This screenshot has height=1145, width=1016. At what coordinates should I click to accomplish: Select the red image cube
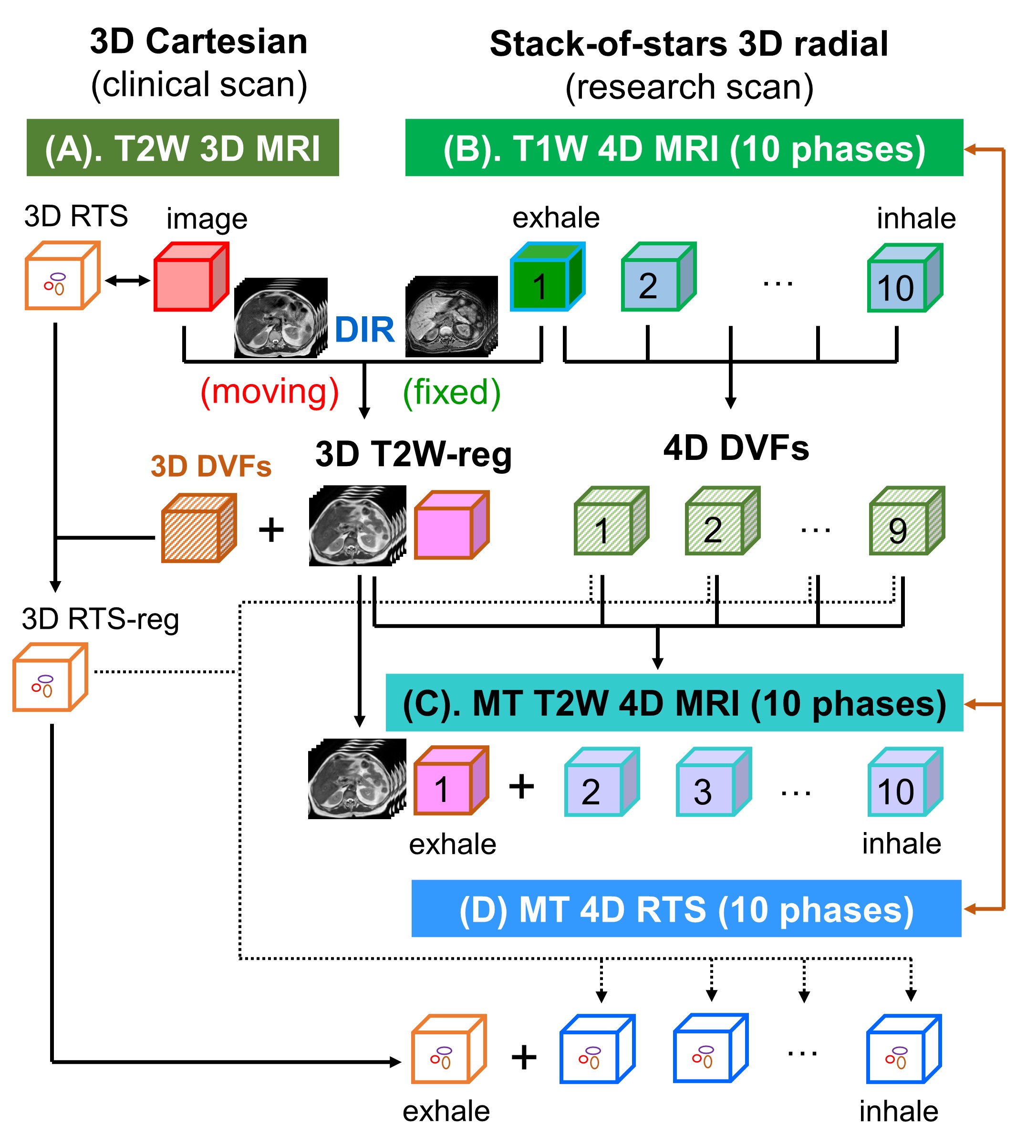click(190, 278)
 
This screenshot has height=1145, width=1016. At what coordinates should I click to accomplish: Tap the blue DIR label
click(364, 330)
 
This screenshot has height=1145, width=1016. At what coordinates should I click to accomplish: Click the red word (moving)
click(270, 392)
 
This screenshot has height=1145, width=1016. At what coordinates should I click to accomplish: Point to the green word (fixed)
click(451, 392)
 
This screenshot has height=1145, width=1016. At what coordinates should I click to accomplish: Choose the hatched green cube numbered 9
click(906, 522)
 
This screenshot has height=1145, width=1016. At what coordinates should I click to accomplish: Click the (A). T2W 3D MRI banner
click(183, 148)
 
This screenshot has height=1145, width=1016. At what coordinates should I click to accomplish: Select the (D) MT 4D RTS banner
click(685, 910)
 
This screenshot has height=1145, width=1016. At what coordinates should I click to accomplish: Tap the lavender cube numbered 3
click(713, 783)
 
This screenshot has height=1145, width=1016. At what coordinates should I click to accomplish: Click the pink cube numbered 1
click(450, 781)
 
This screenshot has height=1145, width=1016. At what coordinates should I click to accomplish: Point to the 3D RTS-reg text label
click(100, 620)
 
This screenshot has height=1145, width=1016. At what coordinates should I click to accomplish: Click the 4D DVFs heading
click(736, 449)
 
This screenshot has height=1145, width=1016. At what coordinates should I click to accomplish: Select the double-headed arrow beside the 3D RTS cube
click(127, 281)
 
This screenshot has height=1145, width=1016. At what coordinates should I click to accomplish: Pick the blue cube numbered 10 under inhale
click(904, 279)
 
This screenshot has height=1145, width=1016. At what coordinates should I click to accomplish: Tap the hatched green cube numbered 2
click(721, 522)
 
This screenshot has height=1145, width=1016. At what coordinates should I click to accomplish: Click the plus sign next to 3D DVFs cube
click(271, 530)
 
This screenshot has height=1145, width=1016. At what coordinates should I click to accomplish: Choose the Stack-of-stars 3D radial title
click(688, 44)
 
